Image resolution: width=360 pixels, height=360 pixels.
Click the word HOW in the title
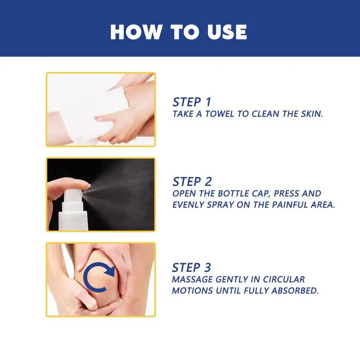click(136, 32)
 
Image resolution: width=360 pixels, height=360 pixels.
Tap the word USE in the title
click(227, 32)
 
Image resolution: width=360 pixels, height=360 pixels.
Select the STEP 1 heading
click(192, 102)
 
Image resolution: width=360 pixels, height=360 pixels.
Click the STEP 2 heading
click(192, 182)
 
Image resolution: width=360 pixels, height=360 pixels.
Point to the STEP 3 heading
click(192, 267)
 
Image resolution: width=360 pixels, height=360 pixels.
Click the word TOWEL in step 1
click(219, 114)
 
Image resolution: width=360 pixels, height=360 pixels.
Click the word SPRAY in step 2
click(220, 205)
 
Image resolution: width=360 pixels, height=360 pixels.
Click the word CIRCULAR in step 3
click(284, 279)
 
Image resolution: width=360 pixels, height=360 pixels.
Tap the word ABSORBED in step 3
click(295, 291)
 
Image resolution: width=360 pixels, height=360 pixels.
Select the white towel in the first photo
click(87, 112)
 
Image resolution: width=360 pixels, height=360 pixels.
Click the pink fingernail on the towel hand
click(97, 118)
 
